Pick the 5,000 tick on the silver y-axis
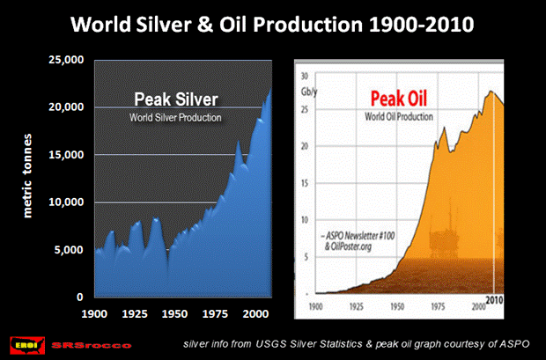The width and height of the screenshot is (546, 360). click(67, 250)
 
